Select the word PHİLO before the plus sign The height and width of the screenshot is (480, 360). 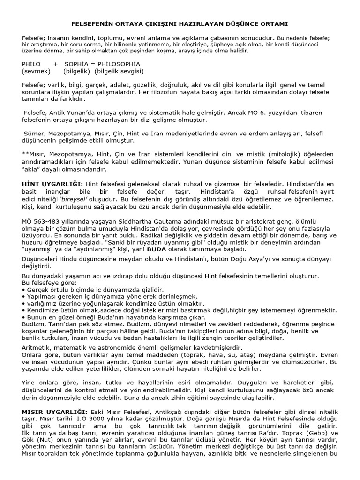click(31, 63)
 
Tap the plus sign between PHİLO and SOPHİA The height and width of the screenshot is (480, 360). click(56, 63)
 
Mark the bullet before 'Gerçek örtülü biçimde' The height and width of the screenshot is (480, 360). click(23, 290)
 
